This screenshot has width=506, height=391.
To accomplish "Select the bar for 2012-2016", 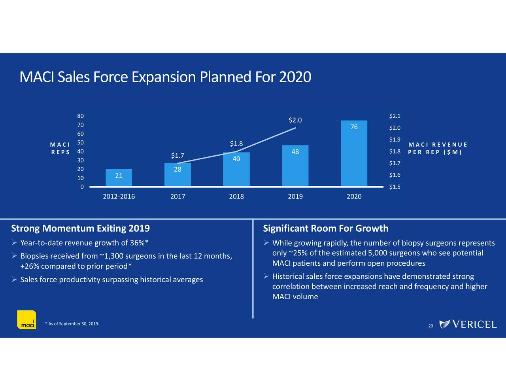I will (x=119, y=178).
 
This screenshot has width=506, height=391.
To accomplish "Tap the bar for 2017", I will (x=177, y=175).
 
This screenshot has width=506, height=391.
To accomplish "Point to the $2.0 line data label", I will (x=295, y=120).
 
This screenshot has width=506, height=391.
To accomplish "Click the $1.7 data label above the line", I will (x=177, y=155).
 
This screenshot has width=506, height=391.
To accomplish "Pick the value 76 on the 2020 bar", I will (x=354, y=127).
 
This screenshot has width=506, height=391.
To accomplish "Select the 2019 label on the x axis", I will (x=295, y=196).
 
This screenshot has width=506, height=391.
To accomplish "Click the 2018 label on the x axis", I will (x=236, y=196).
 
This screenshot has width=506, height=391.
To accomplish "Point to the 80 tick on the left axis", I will (x=80, y=116).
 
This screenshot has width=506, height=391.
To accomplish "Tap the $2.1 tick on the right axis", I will (x=395, y=116).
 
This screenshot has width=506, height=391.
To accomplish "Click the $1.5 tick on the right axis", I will (x=395, y=187).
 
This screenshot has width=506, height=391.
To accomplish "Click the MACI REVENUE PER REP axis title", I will (x=438, y=149).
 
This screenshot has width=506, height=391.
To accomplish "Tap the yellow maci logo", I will (x=26, y=319).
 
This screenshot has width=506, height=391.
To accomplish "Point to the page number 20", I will (x=430, y=326).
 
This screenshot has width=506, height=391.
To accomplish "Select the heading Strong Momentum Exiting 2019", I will (x=81, y=229).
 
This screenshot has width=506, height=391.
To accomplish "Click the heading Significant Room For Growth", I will (x=325, y=229).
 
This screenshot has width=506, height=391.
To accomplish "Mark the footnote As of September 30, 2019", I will (x=72, y=324).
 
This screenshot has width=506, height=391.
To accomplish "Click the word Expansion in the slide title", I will (x=164, y=77).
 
